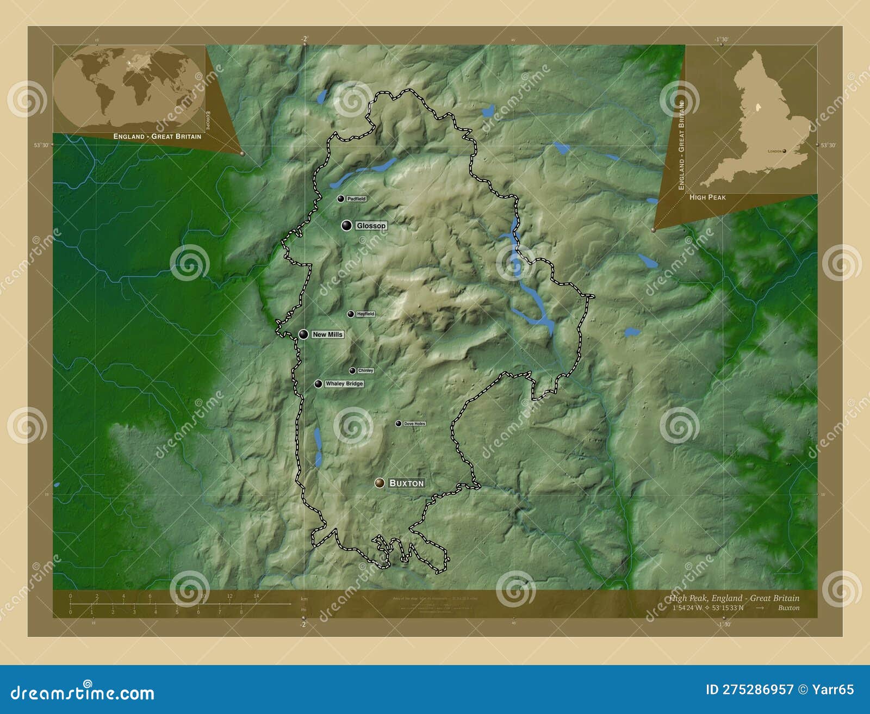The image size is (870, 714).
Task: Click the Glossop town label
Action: [x=371, y=226]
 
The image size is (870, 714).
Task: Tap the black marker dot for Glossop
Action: [x=346, y=225]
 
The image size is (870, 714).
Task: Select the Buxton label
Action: [x=406, y=483]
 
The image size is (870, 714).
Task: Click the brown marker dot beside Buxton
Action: [x=380, y=483]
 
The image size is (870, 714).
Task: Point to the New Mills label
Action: [x=327, y=334]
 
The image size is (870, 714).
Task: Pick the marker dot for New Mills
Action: [x=303, y=334]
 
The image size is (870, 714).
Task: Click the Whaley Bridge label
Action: [x=344, y=384]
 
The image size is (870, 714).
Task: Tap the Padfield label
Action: [x=356, y=199]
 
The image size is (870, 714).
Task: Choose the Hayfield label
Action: [x=365, y=314]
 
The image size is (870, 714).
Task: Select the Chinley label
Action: [x=365, y=370]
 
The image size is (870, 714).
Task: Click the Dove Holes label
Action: [x=414, y=424]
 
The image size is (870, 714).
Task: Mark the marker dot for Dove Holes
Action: [x=399, y=424]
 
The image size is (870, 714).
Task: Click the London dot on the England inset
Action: [x=784, y=151]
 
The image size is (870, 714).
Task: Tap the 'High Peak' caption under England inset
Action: [x=707, y=197]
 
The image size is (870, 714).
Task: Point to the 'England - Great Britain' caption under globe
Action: [x=157, y=136]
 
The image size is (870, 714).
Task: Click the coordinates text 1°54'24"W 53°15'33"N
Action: [x=707, y=608]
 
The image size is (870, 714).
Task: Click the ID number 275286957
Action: [x=757, y=690]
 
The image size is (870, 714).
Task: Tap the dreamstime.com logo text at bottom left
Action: [x=83, y=693]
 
